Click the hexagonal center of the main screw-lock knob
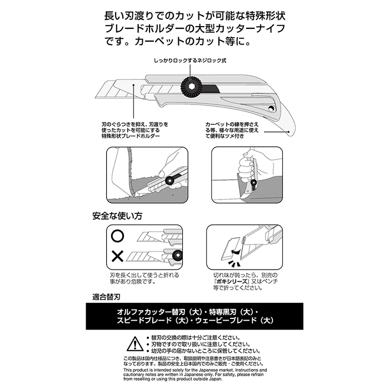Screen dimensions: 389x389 point(191,86)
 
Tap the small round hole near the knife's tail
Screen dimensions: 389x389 point(271,108)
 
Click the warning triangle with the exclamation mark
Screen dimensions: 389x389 point(134,344)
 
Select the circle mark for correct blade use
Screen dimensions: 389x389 point(118,236)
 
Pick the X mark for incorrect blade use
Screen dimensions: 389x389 point(118,256)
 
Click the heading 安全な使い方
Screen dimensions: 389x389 point(117,216)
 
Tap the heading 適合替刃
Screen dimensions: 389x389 point(106,297)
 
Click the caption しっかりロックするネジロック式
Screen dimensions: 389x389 point(190,61)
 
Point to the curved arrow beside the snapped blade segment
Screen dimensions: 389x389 point(235,252)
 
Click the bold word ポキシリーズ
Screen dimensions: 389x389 point(232,282)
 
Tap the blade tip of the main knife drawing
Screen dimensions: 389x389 point(96,98)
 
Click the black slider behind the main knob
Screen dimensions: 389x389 point(211,88)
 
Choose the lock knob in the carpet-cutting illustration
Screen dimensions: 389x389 point(169,181)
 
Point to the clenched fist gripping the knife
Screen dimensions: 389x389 point(246,169)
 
